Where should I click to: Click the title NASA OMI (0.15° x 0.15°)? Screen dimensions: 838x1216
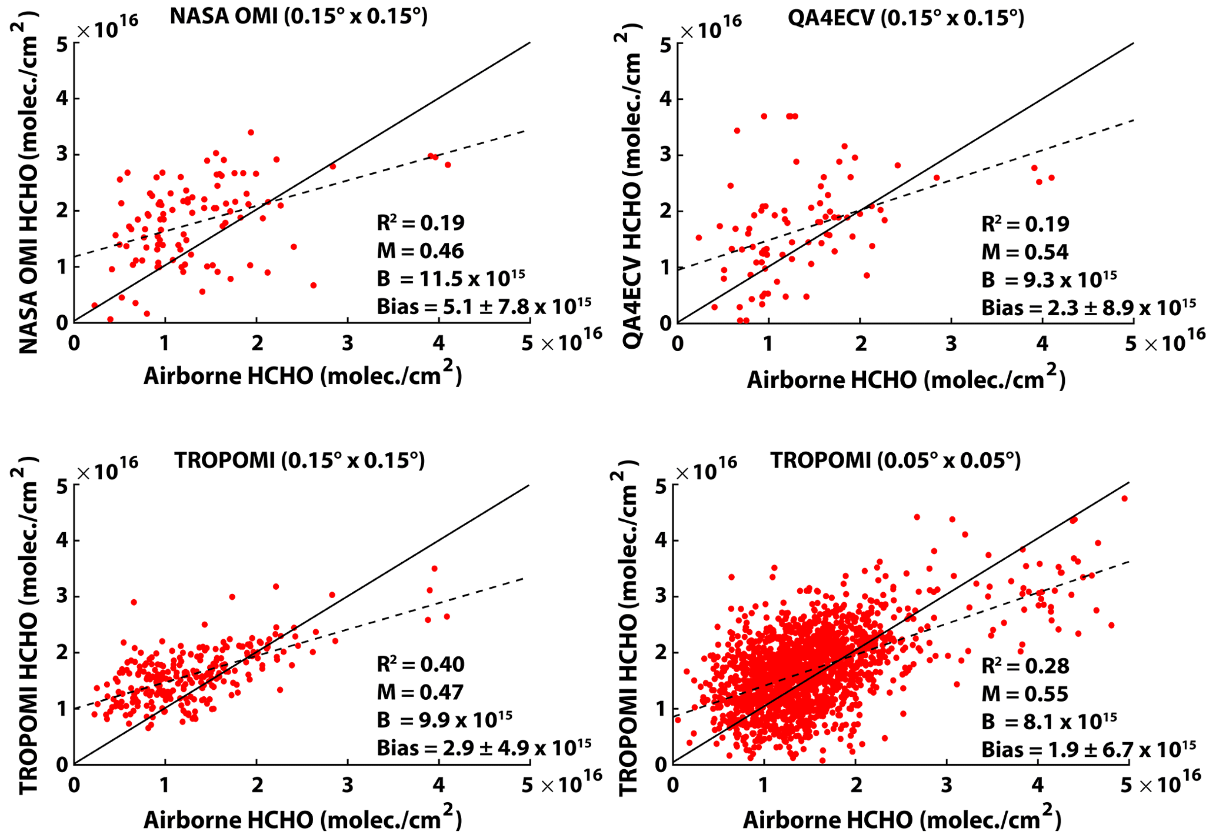298,16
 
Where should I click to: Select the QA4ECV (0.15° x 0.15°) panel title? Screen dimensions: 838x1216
905,18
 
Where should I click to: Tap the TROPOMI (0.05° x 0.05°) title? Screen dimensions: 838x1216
895,460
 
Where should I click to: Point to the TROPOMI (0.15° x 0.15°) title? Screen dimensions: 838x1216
299,460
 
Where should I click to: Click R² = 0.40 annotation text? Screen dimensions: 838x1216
421,665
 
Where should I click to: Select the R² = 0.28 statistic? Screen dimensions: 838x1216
1025,666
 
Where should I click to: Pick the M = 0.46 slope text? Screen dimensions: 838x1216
420,251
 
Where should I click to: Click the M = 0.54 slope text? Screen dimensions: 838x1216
1024,252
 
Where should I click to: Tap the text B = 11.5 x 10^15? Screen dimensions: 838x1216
451,278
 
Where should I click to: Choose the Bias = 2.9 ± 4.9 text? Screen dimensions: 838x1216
484,747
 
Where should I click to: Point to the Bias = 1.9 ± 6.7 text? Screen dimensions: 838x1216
1088,749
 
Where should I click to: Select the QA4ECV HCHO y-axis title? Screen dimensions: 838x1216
632,194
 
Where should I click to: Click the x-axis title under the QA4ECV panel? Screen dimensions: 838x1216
906,379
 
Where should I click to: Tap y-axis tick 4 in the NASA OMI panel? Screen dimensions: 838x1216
62,99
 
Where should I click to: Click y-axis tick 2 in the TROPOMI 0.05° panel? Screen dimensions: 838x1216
661,653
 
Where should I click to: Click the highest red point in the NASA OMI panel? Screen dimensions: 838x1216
251,132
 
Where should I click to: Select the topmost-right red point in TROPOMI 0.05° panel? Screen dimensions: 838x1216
1124,499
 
